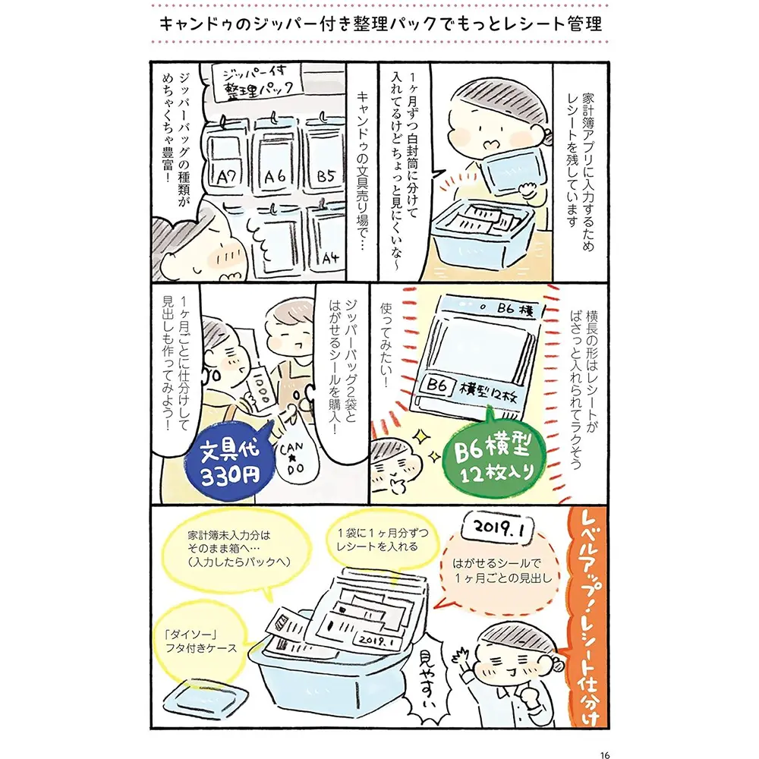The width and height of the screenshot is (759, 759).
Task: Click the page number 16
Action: pyautogui.click(x=605, y=754)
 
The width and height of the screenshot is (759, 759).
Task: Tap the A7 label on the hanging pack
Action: pyautogui.click(x=226, y=178)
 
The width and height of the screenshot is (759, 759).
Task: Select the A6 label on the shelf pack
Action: pyautogui.click(x=275, y=177)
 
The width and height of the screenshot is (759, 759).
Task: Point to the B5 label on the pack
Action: pyautogui.click(x=326, y=176)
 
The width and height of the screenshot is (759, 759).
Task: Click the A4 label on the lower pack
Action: pyautogui.click(x=330, y=258)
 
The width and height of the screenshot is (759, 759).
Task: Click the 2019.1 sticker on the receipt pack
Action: pyautogui.click(x=377, y=641)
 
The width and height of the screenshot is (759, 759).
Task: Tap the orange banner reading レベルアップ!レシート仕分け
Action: pyautogui.click(x=587, y=616)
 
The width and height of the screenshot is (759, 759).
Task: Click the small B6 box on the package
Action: pyautogui.click(x=437, y=386)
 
